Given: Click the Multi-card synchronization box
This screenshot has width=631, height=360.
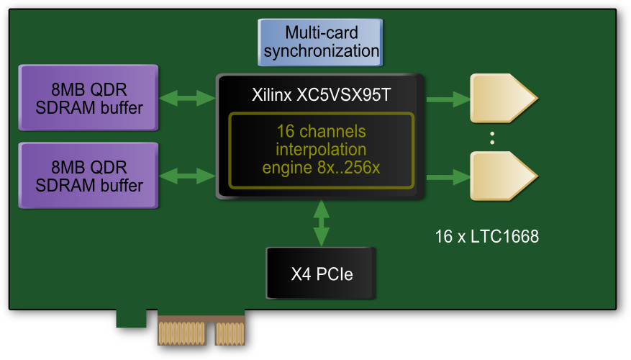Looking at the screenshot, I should [320, 42].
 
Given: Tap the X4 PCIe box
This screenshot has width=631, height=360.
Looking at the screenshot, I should [321, 274].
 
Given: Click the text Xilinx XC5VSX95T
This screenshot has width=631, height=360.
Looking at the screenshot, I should [321, 94].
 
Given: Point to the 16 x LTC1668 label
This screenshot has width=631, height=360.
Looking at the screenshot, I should [486, 236].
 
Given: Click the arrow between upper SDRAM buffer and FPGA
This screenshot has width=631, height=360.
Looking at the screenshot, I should [188, 99].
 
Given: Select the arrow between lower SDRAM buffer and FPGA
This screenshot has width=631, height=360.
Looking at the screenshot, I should [188, 176].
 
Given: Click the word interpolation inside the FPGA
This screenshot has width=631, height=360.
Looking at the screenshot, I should [321, 150].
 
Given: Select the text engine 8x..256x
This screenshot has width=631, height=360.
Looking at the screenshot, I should [321, 168].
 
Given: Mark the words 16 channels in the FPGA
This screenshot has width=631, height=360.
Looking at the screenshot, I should [321, 132].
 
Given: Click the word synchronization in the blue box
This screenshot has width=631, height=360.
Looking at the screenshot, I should [320, 51].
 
